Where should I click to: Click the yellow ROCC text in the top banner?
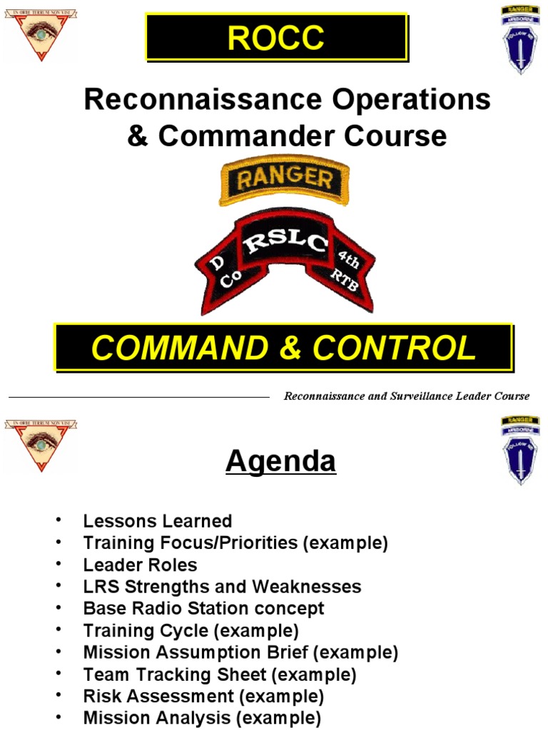tap(275, 37)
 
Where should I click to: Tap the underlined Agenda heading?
tap(280, 462)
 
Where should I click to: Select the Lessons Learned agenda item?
tap(157, 521)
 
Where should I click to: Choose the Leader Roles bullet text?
tap(140, 565)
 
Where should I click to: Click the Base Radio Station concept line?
tap(203, 608)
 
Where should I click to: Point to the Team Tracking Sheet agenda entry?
tap(219, 674)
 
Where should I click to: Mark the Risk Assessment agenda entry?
tap(203, 696)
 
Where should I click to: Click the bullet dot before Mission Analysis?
tap(58, 717)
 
